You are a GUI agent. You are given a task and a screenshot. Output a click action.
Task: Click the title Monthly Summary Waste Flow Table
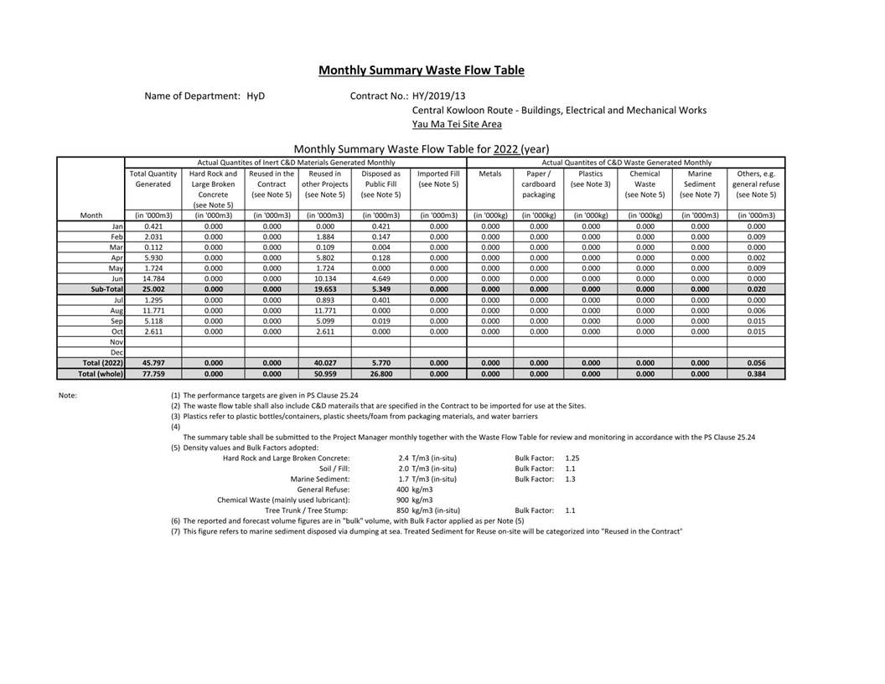click(x=421, y=70)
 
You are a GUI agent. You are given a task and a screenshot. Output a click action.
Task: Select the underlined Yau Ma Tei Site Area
click(x=457, y=124)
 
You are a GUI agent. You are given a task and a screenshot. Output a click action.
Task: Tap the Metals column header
click(x=490, y=174)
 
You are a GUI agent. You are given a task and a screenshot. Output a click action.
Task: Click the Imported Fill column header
click(x=438, y=179)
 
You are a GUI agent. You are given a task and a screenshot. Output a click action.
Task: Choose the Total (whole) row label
click(x=101, y=374)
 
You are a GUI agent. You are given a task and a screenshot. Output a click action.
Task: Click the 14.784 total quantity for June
click(x=153, y=278)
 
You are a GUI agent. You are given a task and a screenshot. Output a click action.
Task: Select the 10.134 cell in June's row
click(x=324, y=278)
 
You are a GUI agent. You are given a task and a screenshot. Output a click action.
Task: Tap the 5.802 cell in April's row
click(x=324, y=257)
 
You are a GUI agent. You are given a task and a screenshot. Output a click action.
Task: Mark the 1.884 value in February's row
click(x=324, y=236)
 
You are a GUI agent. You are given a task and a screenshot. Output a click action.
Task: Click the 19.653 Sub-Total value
click(x=324, y=289)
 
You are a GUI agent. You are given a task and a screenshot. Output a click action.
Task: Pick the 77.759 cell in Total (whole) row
click(x=153, y=374)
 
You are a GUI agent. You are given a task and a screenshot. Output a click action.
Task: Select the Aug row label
click(x=116, y=310)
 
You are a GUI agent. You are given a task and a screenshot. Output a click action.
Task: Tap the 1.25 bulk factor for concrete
click(x=572, y=459)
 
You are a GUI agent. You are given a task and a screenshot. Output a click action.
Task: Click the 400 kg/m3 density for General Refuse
click(x=414, y=490)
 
